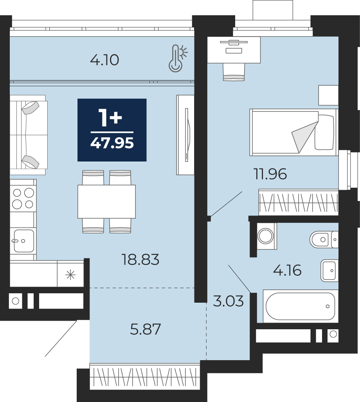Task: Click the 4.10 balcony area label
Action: [x=104, y=60]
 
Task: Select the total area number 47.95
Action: [x=112, y=143]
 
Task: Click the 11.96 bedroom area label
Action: [x=270, y=174]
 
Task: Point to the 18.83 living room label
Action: [x=140, y=259]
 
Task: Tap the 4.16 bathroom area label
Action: [x=287, y=271]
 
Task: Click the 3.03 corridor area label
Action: [x=229, y=301]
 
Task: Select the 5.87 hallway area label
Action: [x=146, y=329]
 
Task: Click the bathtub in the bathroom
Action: [x=300, y=306]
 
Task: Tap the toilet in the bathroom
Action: [x=324, y=239]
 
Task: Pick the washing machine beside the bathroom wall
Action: [x=266, y=236]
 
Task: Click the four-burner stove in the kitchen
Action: [x=23, y=199]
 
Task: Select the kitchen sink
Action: [x=23, y=241]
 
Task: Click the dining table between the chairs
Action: [x=106, y=201]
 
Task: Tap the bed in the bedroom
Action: [x=294, y=132]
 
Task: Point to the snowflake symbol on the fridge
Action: [x=70, y=275]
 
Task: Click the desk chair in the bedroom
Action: [x=234, y=72]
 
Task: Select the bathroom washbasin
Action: [x=329, y=271]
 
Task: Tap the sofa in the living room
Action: [x=28, y=135]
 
